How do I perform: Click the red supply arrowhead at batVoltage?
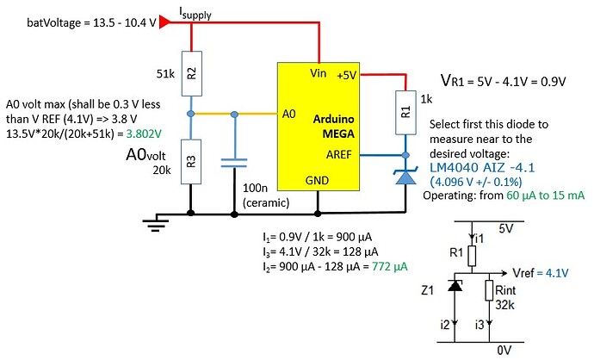coord(165,24)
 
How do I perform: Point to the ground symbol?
coord(155,224)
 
